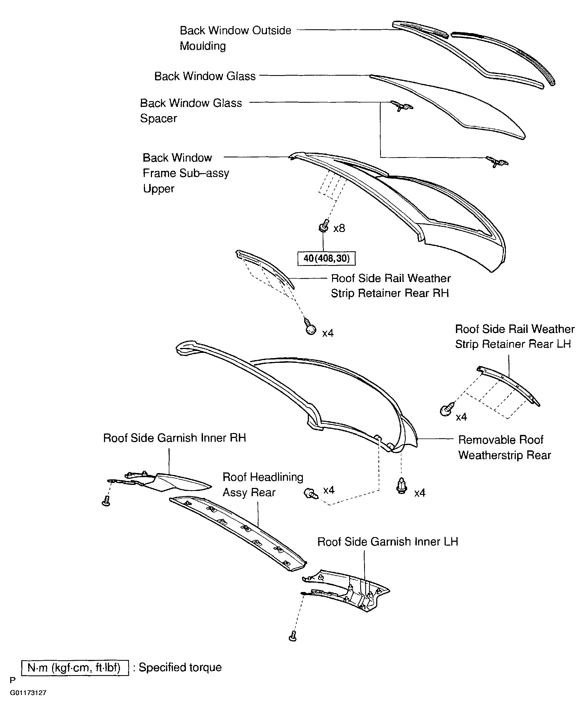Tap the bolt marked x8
point(324,226)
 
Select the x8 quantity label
point(339,228)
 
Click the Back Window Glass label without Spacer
point(205,76)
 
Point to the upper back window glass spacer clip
point(401,106)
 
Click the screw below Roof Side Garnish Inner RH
point(106,501)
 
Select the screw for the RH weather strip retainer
point(310,327)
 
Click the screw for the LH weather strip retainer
point(447,409)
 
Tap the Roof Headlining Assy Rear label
point(263,485)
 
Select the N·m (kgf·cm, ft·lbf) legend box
point(75,668)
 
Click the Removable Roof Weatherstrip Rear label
point(504,447)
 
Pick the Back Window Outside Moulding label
point(235,38)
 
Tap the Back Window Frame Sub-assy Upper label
point(186,173)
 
